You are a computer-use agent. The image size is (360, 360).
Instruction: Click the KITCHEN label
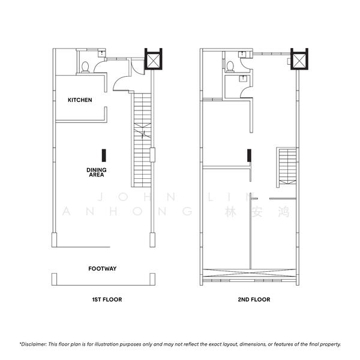click(80, 100)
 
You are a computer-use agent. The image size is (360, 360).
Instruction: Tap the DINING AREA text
click(97, 172)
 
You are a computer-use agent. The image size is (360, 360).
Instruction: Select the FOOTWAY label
click(103, 268)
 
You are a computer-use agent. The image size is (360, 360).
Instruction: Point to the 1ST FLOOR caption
click(107, 299)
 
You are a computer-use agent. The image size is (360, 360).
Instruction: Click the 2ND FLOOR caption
click(254, 299)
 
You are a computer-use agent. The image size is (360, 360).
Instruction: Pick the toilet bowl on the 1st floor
click(85, 67)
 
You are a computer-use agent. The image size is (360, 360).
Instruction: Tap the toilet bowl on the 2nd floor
click(230, 67)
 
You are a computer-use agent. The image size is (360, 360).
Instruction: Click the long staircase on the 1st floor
click(142, 140)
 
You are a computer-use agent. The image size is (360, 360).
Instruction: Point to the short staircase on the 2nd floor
click(287, 166)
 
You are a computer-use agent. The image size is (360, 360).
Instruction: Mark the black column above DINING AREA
click(104, 155)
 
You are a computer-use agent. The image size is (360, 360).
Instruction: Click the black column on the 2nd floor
click(249, 155)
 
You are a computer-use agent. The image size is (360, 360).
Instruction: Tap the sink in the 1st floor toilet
click(101, 54)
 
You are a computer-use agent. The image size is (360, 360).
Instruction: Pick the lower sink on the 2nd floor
click(242, 79)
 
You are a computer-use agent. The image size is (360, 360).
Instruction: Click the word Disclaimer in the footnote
click(34, 344)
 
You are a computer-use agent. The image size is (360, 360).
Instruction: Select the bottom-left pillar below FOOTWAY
click(54, 279)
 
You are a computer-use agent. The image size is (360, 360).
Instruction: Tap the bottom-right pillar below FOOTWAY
click(152, 279)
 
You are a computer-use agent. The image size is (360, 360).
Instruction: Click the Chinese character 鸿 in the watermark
click(284, 212)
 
